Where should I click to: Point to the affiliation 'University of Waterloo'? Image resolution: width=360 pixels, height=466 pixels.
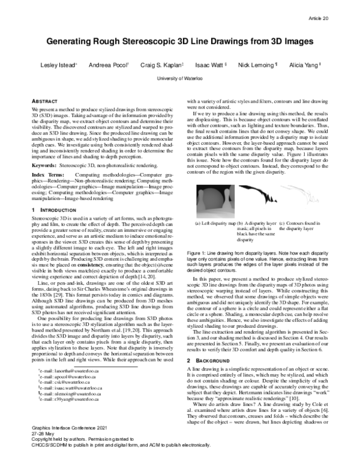180,79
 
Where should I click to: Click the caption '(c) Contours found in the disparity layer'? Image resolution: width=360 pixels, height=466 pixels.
299,226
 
